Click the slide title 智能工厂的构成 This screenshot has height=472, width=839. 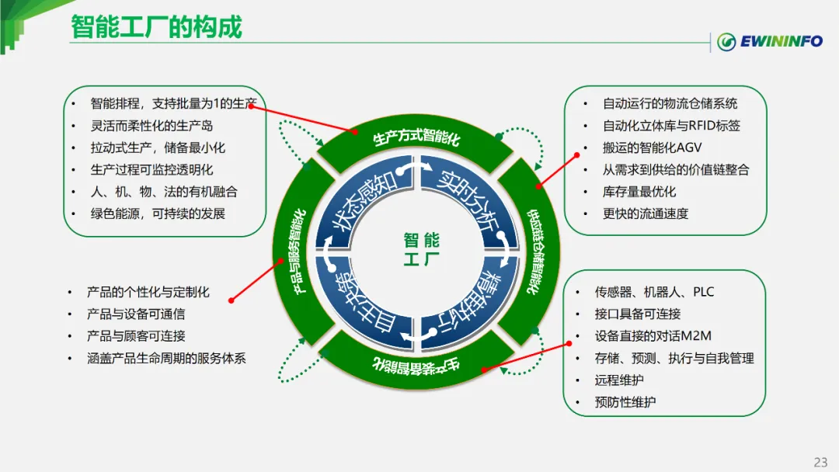point(156,27)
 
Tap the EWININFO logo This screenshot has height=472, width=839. point(769,41)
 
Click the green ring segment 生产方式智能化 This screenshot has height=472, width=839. point(416,140)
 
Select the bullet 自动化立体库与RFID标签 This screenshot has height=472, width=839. point(671,125)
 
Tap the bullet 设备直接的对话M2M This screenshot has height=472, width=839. point(653,336)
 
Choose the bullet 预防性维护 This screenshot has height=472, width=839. point(625,402)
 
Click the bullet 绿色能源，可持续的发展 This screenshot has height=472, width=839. point(158,213)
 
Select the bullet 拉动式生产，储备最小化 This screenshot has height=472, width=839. point(158,147)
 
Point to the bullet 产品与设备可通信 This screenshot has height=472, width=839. point(136,314)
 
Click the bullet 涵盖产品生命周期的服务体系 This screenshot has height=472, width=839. point(166,359)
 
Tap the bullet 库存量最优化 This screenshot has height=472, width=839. point(639,191)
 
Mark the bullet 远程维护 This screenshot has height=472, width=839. point(618,380)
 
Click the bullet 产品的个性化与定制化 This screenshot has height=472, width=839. point(148,293)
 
